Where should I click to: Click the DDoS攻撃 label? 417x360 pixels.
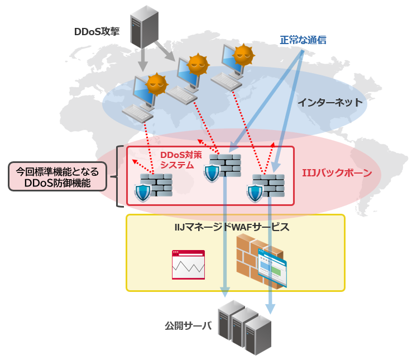pos(97,32)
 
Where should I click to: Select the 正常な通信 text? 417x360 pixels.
pos(303,40)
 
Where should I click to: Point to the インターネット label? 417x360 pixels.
pos(329,103)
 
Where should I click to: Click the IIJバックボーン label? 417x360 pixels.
pos(341,174)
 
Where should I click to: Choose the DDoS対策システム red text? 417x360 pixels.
pos(177,159)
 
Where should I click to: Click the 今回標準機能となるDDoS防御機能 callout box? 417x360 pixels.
pos(57,177)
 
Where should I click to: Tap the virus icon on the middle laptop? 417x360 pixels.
pos(197,65)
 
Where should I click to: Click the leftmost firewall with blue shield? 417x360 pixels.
pos(153,187)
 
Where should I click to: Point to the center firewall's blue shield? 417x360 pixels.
pos(212,174)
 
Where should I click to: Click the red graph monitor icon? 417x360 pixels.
pos(188,265)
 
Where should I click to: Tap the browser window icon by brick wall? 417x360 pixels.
pos(272,268)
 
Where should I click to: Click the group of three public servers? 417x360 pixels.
pos(244,327)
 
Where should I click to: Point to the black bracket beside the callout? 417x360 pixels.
pos(118,177)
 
